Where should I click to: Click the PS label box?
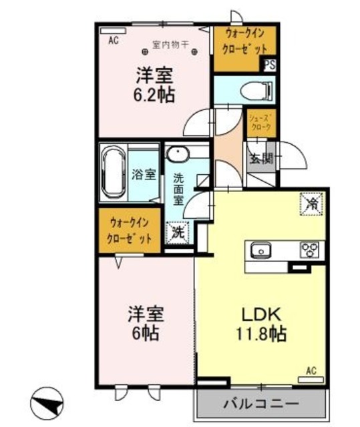(270, 65)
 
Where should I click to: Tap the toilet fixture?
(258, 89)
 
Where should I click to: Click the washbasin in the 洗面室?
(178, 155)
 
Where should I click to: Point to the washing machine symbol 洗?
(178, 233)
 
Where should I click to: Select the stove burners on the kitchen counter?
(311, 250)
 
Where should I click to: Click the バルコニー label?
(260, 404)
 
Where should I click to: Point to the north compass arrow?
(47, 403)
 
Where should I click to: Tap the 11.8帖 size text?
(260, 334)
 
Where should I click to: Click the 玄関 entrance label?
(260, 158)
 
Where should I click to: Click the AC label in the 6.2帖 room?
(113, 40)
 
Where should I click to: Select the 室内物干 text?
(171, 45)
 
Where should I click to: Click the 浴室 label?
(144, 175)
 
